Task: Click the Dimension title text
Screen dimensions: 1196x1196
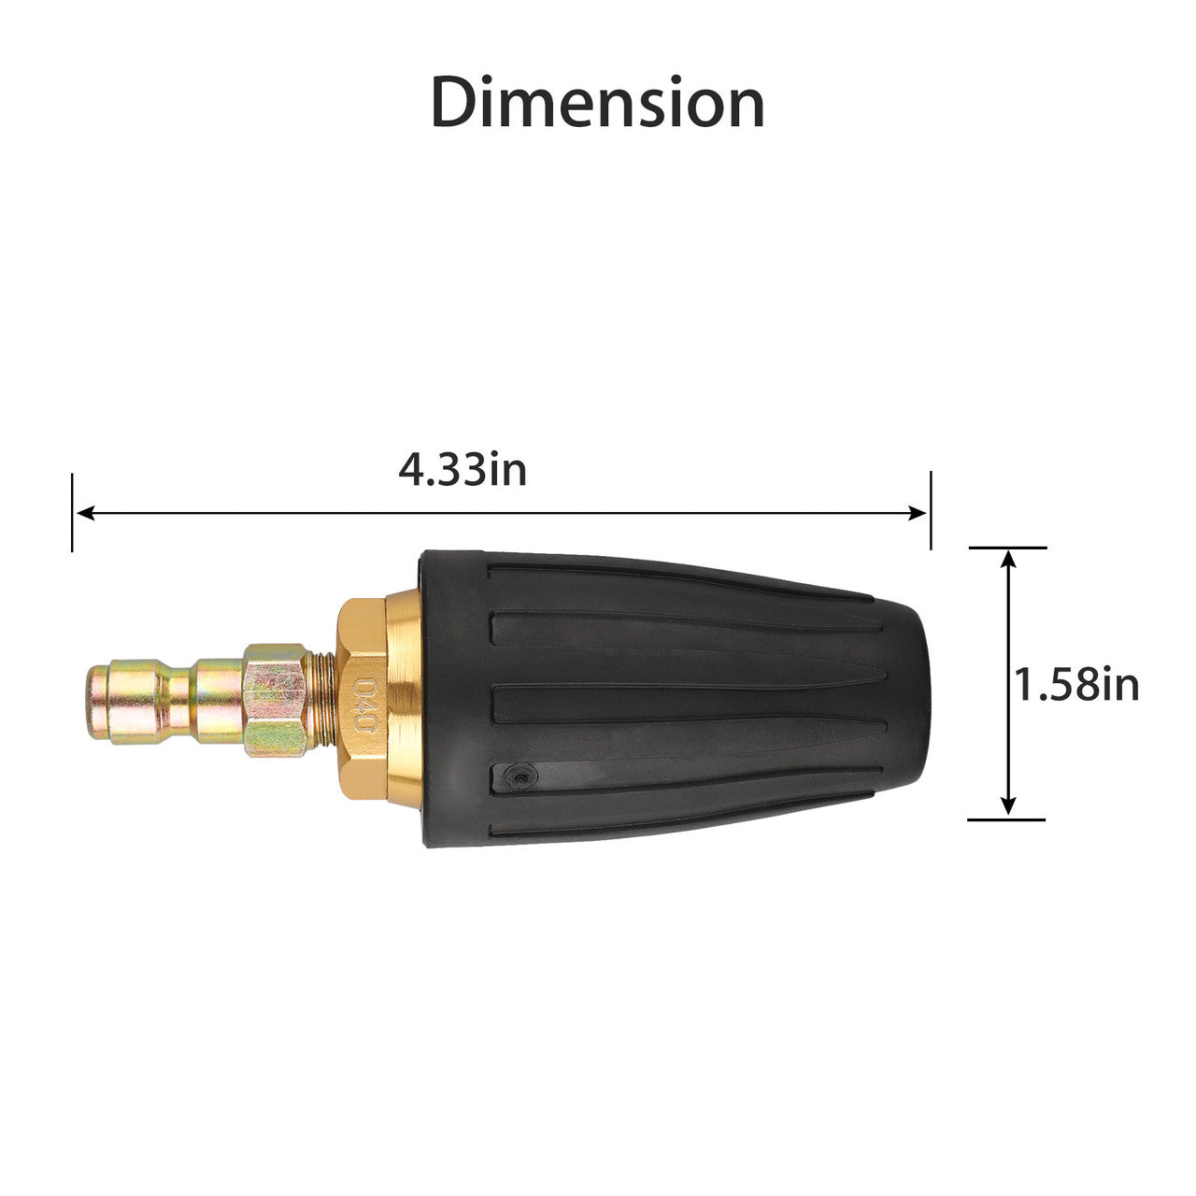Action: click(x=597, y=103)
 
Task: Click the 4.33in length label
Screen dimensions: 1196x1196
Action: click(x=463, y=470)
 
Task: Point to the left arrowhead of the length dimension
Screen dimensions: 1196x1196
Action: click(x=85, y=513)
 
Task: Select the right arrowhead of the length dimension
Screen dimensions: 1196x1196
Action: click(x=918, y=513)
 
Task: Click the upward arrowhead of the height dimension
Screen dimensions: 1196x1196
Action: click(x=1008, y=561)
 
